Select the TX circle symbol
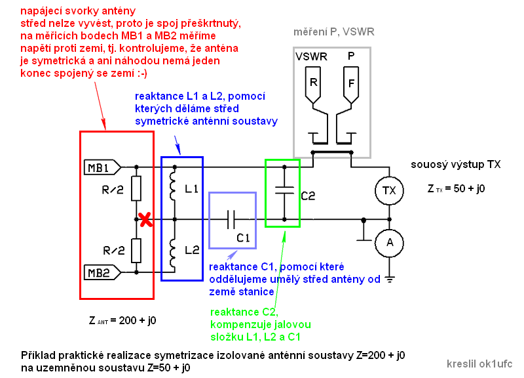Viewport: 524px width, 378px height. pyautogui.click(x=389, y=190)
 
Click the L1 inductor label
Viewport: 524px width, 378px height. pyautogui.click(x=192, y=190)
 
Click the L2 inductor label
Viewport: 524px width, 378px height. pyautogui.click(x=192, y=249)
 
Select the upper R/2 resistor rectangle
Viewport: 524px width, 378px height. pyautogui.click(x=136, y=189)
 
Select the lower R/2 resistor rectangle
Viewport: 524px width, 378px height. pyautogui.click(x=136, y=250)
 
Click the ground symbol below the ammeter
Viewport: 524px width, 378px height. pyautogui.click(x=389, y=279)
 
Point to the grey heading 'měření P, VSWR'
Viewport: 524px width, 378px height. pyautogui.click(x=334, y=32)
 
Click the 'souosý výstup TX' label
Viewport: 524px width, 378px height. pyautogui.click(x=456, y=165)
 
